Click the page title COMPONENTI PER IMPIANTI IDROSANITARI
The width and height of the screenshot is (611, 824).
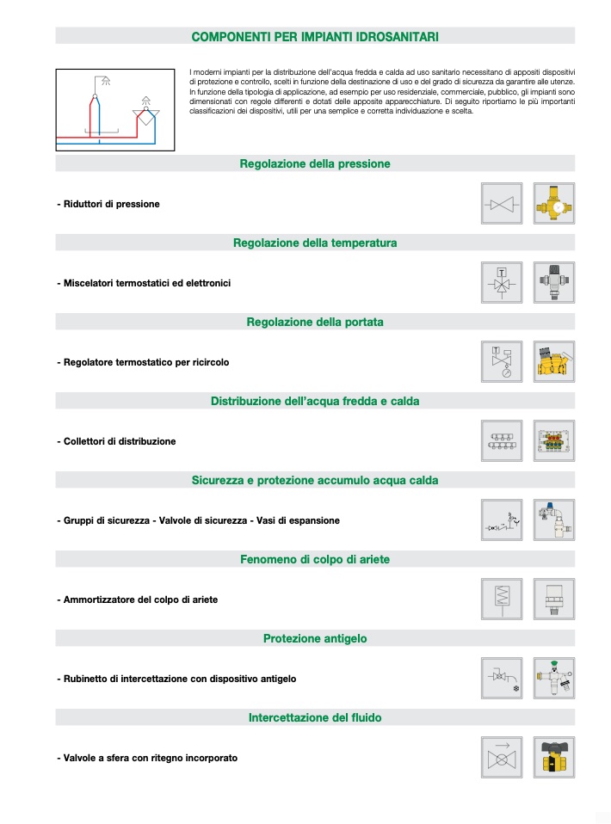[x=315, y=37]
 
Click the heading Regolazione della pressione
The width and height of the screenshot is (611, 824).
[x=315, y=163]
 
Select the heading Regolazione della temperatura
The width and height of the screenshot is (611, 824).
[x=315, y=243]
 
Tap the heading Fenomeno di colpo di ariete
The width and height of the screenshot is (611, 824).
[x=315, y=560]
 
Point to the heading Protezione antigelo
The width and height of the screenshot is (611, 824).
[x=315, y=639]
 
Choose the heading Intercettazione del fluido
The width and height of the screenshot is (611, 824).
[x=315, y=717]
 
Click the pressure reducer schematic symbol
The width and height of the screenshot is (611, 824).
[x=502, y=204]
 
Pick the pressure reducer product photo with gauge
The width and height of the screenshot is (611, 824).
[x=553, y=204]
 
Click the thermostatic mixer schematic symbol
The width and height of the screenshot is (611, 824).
[x=502, y=283]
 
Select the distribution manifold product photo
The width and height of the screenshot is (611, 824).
[x=553, y=441]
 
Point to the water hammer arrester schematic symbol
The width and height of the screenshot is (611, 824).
[x=502, y=600]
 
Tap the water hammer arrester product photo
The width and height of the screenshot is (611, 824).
[x=553, y=600]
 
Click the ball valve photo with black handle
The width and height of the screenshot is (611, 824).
[x=553, y=758]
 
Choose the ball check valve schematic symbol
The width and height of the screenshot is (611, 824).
[x=502, y=758]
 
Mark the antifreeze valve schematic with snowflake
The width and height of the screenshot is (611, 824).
[x=502, y=679]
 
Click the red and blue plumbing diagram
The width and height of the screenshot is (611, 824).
[x=115, y=110]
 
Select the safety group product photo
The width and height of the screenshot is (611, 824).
[x=553, y=520]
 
